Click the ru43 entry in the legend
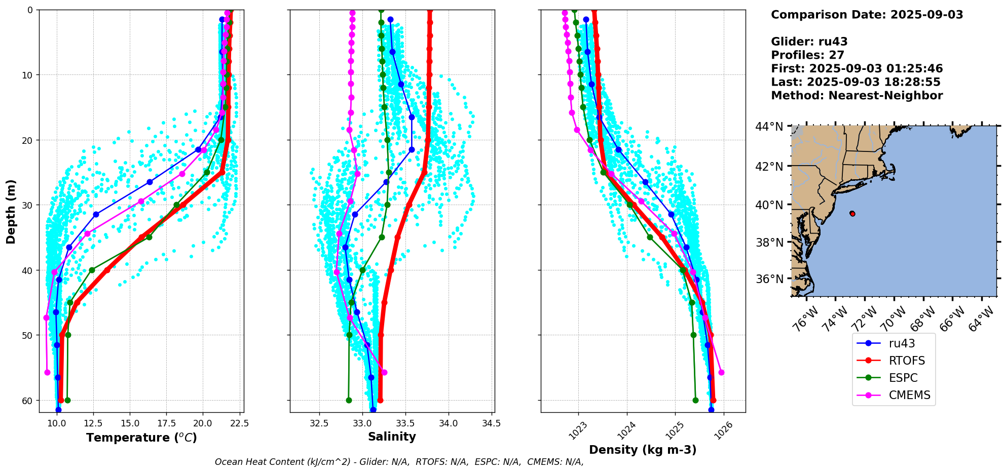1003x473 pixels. pos(901,343)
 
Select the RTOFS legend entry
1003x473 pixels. pos(906,361)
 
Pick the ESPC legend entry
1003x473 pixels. pos(903,378)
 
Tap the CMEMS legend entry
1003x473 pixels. pos(909,395)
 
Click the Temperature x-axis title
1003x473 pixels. pos(141,438)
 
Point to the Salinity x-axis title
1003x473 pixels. pos(392,437)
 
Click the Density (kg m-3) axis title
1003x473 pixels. pos(643,450)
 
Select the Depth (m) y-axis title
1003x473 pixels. pos(11,211)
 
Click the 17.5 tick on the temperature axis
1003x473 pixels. pos(166,423)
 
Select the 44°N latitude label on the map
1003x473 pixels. pos(769,127)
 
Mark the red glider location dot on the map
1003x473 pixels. pos(852,214)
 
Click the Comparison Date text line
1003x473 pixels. pos(867,15)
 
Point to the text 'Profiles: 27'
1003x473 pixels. pos(807,55)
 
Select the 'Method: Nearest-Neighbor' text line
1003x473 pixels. pos(857,96)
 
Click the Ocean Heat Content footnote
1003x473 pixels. pos(399,462)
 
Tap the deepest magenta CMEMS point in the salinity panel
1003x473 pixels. pos(384,373)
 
